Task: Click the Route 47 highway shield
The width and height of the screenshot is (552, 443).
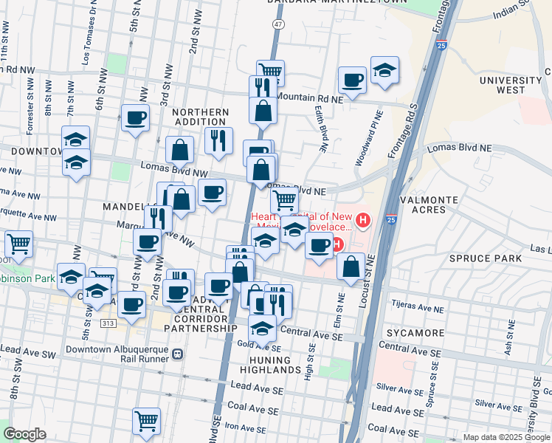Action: click(277, 24)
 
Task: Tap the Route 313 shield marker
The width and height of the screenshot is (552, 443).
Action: click(108, 323)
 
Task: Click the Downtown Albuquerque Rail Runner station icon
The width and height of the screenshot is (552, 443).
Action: click(177, 354)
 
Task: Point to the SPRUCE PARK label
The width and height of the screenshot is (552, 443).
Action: click(489, 258)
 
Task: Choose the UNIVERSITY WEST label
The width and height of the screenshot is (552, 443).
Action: click(510, 85)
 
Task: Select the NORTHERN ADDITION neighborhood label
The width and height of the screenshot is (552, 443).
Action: click(201, 117)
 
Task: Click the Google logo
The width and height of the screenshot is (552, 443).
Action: click(24, 434)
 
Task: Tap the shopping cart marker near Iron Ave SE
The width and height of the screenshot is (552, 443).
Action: click(147, 421)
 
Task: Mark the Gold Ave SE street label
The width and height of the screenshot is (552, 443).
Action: click(258, 345)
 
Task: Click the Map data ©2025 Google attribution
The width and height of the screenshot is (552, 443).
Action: click(506, 437)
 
